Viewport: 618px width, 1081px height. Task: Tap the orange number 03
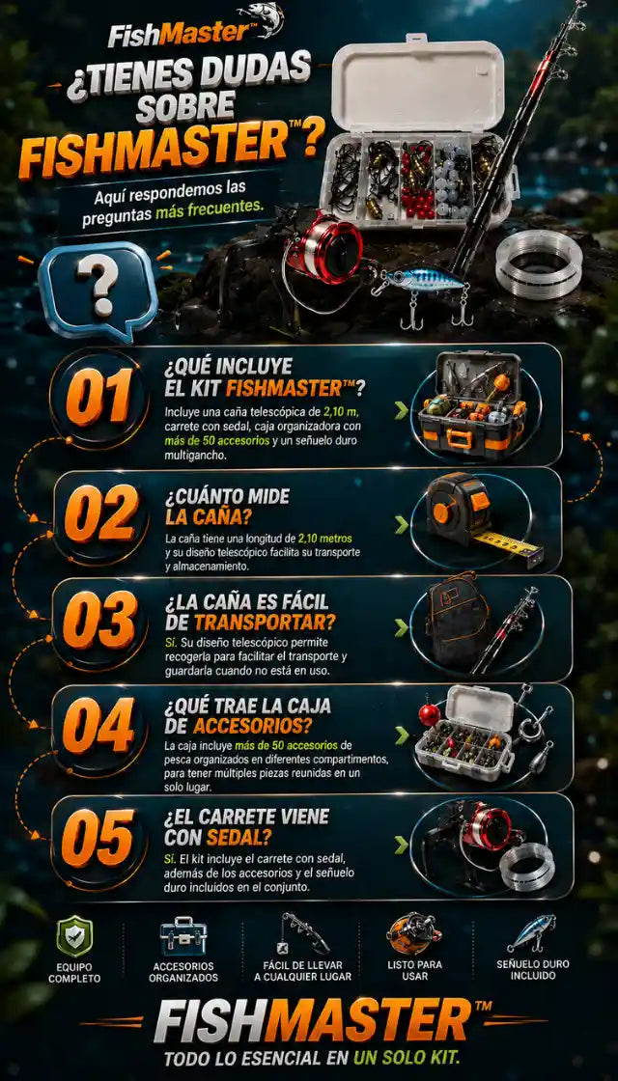coord(100,619)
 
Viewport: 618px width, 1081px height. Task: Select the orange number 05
coord(98,838)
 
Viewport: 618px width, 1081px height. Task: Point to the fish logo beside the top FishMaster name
coord(262,19)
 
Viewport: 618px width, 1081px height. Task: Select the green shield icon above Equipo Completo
coord(74,935)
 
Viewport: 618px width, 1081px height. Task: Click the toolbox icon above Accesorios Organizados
coord(183,936)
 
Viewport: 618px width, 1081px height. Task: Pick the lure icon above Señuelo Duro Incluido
coord(532,934)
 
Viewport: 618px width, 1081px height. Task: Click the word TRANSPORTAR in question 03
coord(265,622)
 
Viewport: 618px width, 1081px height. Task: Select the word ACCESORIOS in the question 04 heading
coord(252,725)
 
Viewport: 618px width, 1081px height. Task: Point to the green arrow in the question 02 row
coord(402,525)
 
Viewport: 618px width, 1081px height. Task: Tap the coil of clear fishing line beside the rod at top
coord(539,264)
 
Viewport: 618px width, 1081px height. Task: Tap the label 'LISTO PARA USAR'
coord(414,969)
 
